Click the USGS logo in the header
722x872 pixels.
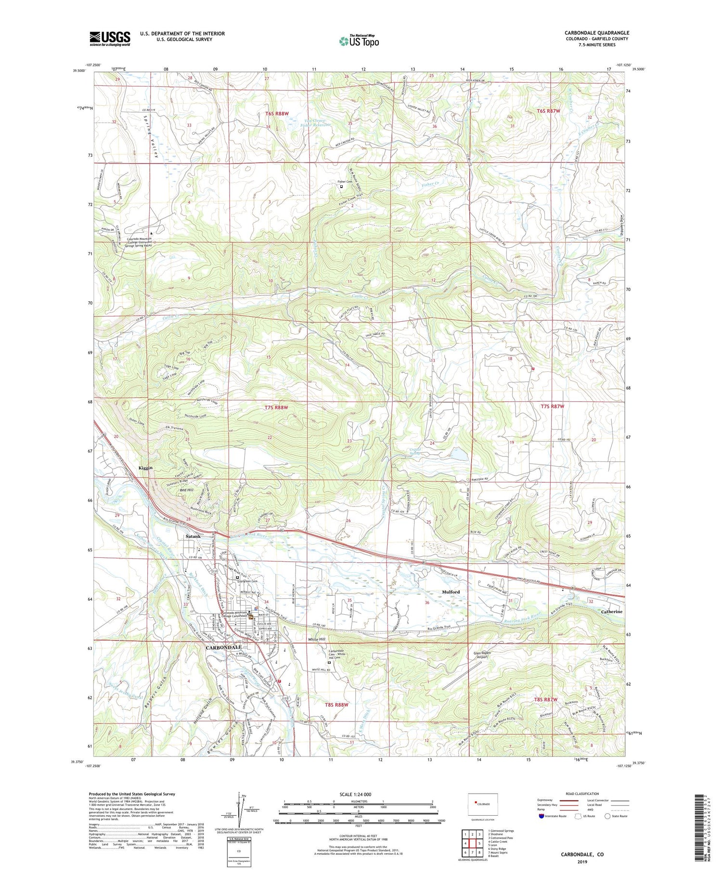point(110,38)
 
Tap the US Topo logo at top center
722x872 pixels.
point(359,41)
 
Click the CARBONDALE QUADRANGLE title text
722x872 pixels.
point(597,33)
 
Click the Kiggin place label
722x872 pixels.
point(145,468)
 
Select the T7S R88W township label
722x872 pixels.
point(276,407)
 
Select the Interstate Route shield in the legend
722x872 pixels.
point(541,816)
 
